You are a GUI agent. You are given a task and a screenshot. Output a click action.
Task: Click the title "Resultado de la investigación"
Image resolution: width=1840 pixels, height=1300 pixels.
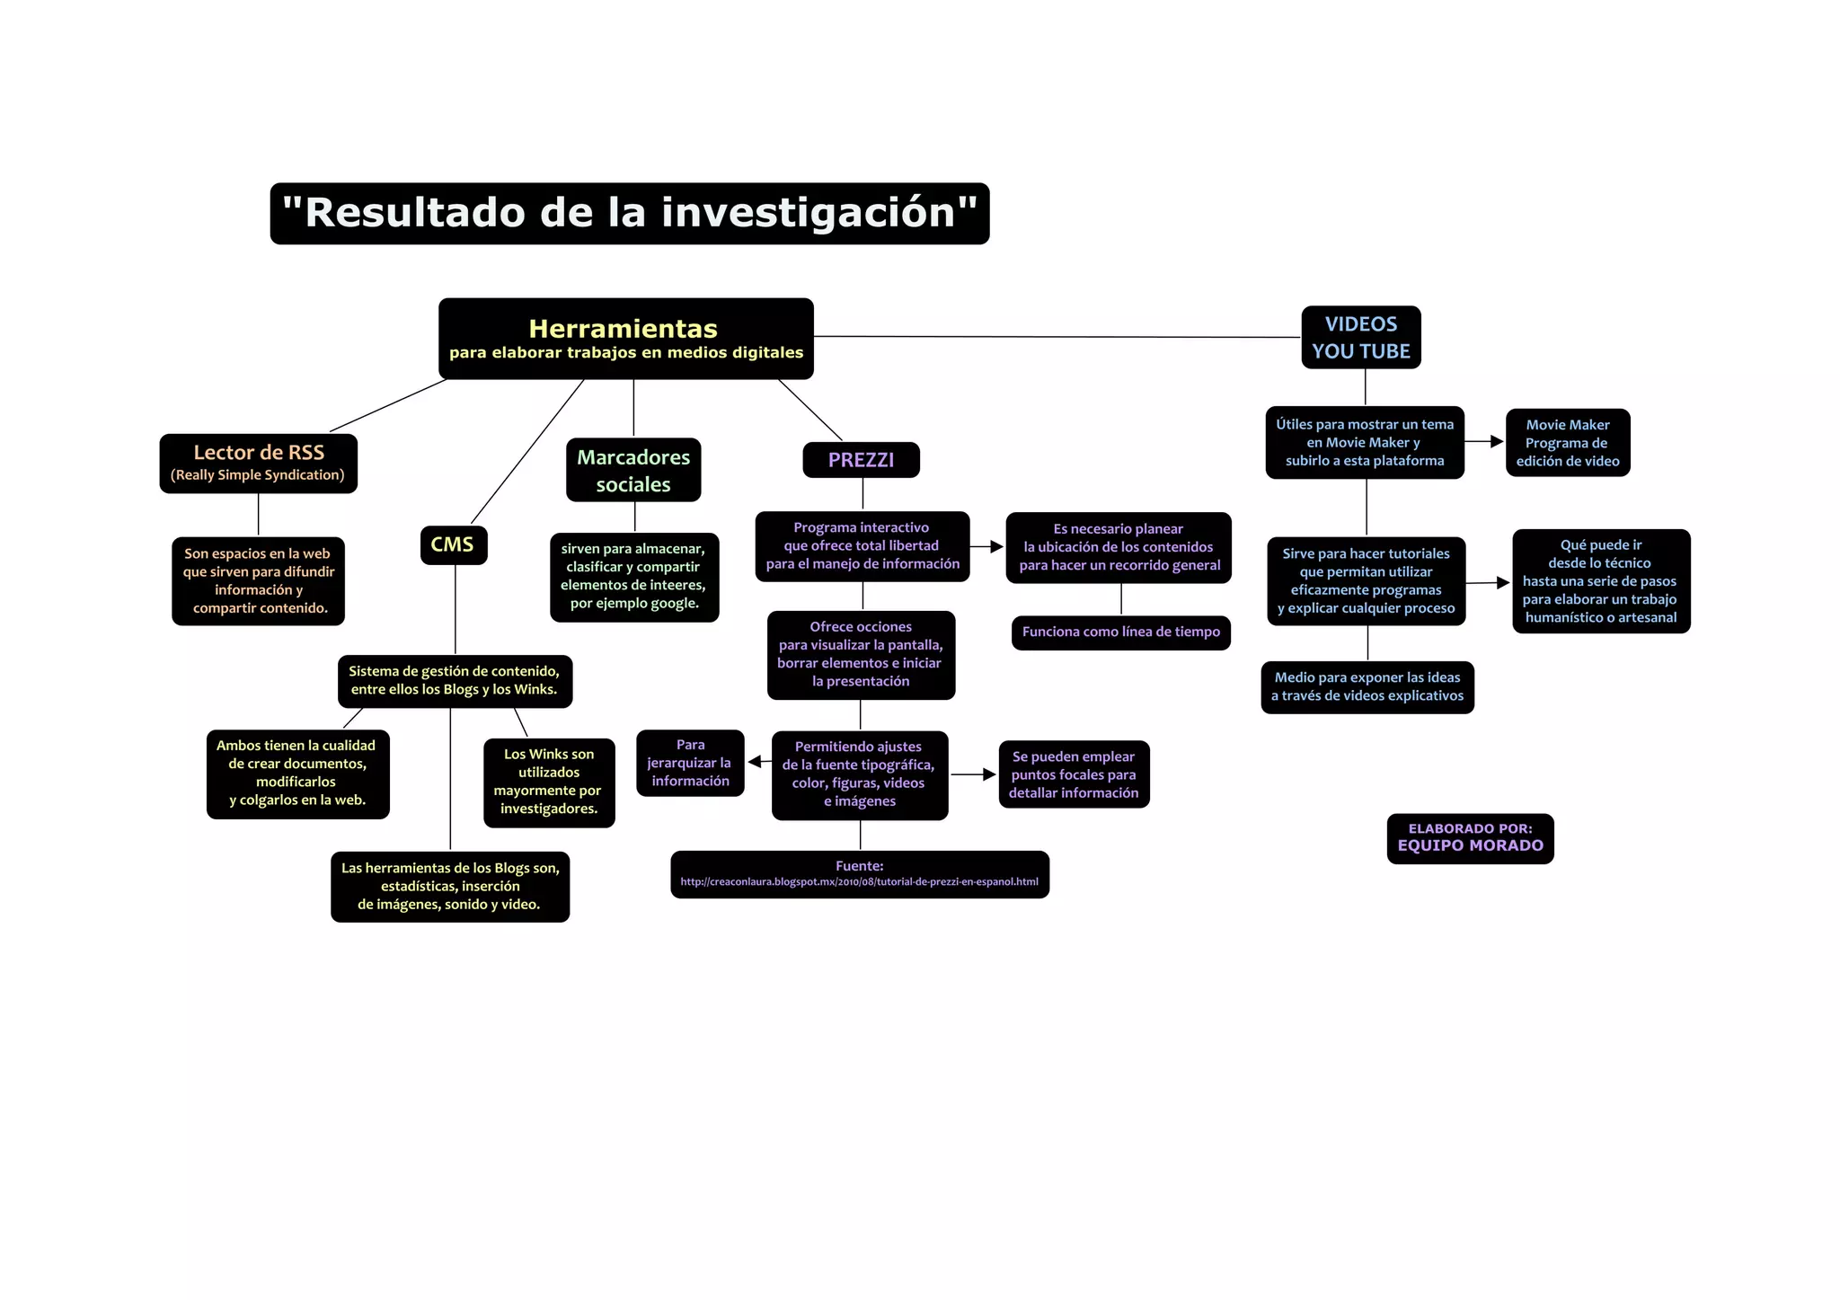tap(629, 214)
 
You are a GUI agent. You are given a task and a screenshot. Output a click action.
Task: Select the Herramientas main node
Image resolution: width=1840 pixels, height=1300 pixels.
tap(625, 339)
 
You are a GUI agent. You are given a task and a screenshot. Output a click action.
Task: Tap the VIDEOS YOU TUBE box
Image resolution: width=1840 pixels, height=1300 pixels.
tap(1360, 338)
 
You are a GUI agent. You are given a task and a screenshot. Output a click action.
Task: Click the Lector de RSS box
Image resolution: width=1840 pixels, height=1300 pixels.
tap(258, 463)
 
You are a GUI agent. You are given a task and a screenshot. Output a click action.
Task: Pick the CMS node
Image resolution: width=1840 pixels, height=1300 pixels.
tap(453, 544)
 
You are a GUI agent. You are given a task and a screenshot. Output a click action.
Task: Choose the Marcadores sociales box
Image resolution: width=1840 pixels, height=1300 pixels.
tap(632, 470)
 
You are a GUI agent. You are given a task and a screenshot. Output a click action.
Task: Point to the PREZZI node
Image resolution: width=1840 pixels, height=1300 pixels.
tap(861, 460)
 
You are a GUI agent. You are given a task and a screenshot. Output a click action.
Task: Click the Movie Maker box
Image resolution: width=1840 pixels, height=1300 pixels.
tap(1567, 442)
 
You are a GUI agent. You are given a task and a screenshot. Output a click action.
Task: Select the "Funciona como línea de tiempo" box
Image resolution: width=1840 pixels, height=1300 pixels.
tap(1120, 632)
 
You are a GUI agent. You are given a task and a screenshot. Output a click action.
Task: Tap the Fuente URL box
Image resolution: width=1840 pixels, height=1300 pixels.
tap(859, 874)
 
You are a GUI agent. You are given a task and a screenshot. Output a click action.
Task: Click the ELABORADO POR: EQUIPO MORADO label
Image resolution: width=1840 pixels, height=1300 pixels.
tap(1470, 838)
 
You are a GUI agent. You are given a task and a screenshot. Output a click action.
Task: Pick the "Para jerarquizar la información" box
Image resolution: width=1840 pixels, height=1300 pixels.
tap(690, 763)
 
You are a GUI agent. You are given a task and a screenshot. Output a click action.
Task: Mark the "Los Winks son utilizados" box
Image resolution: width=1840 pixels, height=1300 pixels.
tap(548, 782)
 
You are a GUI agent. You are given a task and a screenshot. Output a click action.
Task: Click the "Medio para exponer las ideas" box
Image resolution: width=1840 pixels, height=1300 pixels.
tap(1367, 687)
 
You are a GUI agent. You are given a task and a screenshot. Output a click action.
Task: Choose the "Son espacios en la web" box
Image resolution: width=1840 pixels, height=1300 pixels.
tap(258, 581)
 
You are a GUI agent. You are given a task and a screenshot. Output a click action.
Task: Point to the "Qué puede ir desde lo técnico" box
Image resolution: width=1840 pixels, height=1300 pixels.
tap(1600, 581)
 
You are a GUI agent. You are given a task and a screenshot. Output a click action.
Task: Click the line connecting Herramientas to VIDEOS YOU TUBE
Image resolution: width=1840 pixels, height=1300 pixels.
tap(1057, 337)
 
